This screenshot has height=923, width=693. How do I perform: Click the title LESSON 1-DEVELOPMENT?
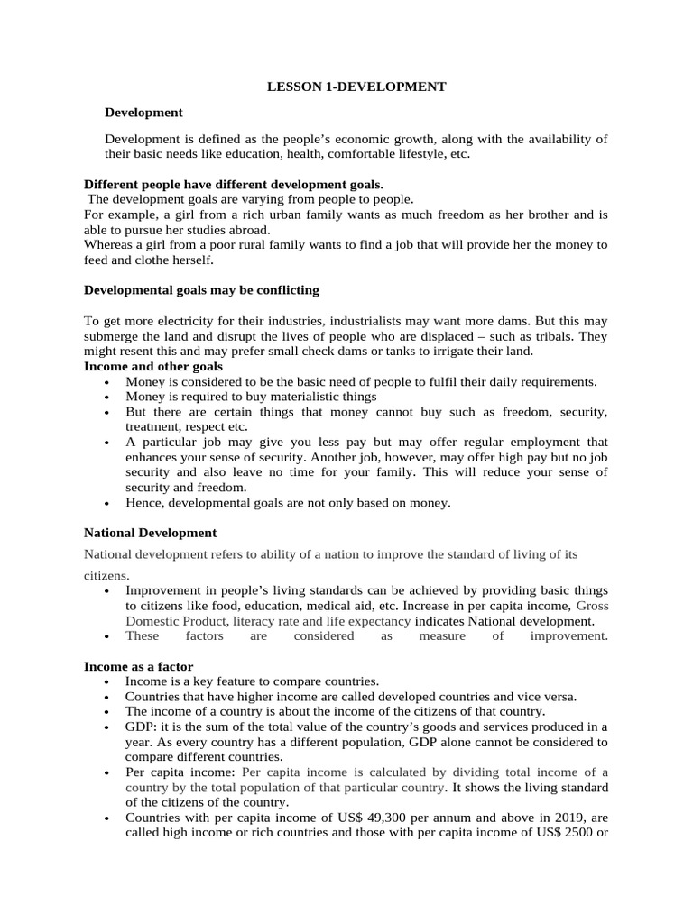(356, 87)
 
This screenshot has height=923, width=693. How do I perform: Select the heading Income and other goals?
(153, 367)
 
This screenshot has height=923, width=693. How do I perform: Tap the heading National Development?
(150, 533)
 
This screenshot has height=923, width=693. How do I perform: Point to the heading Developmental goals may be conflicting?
(201, 290)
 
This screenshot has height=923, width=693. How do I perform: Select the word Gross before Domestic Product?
(592, 606)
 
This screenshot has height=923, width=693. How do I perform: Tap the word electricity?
(165, 321)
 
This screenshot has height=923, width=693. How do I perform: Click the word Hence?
(143, 503)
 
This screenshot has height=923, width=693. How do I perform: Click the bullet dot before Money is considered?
(107, 382)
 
